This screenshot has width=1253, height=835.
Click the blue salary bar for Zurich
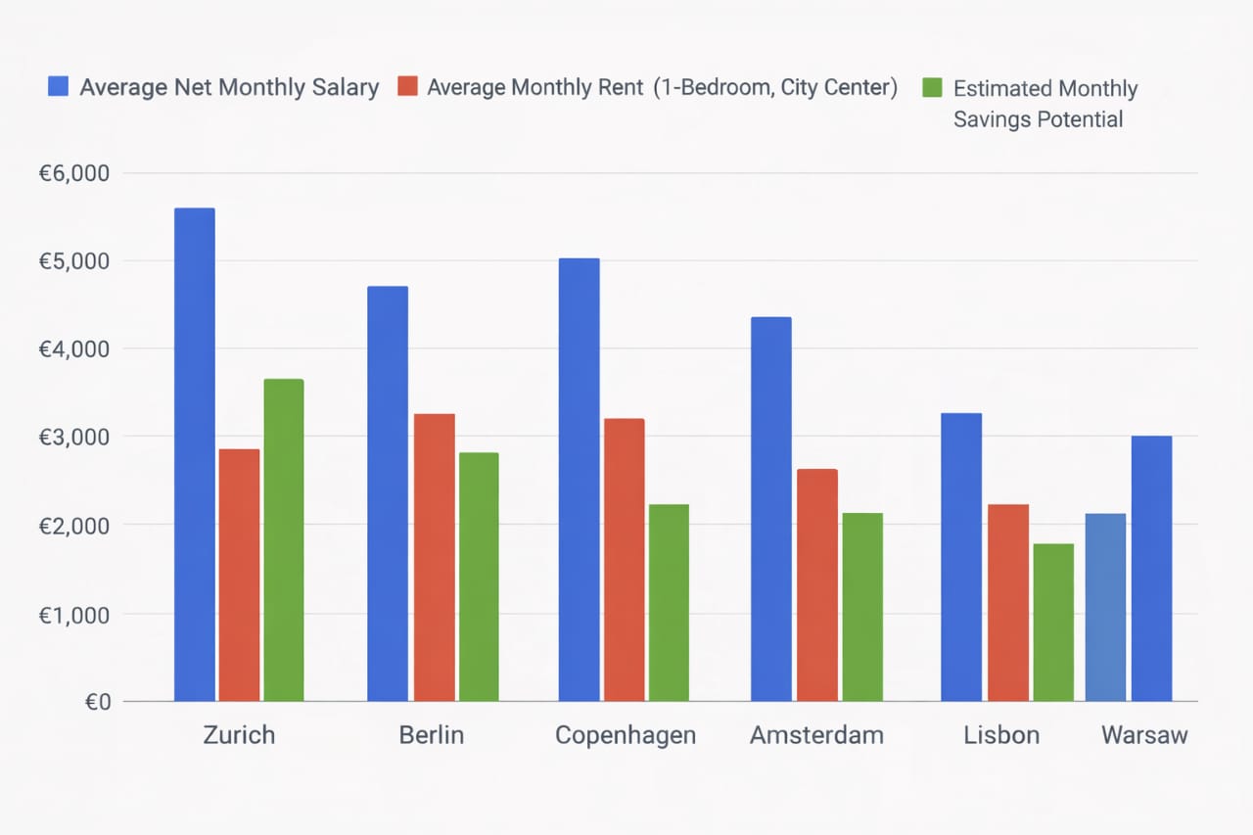(194, 454)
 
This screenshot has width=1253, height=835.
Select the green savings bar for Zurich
(284, 539)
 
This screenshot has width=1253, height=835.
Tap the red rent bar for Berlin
(434, 557)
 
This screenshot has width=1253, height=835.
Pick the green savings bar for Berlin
(479, 577)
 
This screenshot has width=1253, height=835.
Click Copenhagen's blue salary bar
(579, 480)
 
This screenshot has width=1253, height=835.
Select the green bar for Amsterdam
(862, 607)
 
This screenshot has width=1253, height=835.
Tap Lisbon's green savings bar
(1053, 623)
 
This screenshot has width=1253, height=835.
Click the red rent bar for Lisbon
(1008, 602)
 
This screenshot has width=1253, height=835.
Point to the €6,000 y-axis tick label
(73, 173)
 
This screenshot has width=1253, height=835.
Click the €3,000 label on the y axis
(73, 437)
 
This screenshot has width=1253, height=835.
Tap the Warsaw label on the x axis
(1143, 735)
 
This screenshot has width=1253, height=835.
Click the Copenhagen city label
(625, 735)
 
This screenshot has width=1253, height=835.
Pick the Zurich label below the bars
(239, 735)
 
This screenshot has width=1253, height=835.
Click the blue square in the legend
(58, 87)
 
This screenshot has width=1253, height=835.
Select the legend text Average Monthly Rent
(535, 87)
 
